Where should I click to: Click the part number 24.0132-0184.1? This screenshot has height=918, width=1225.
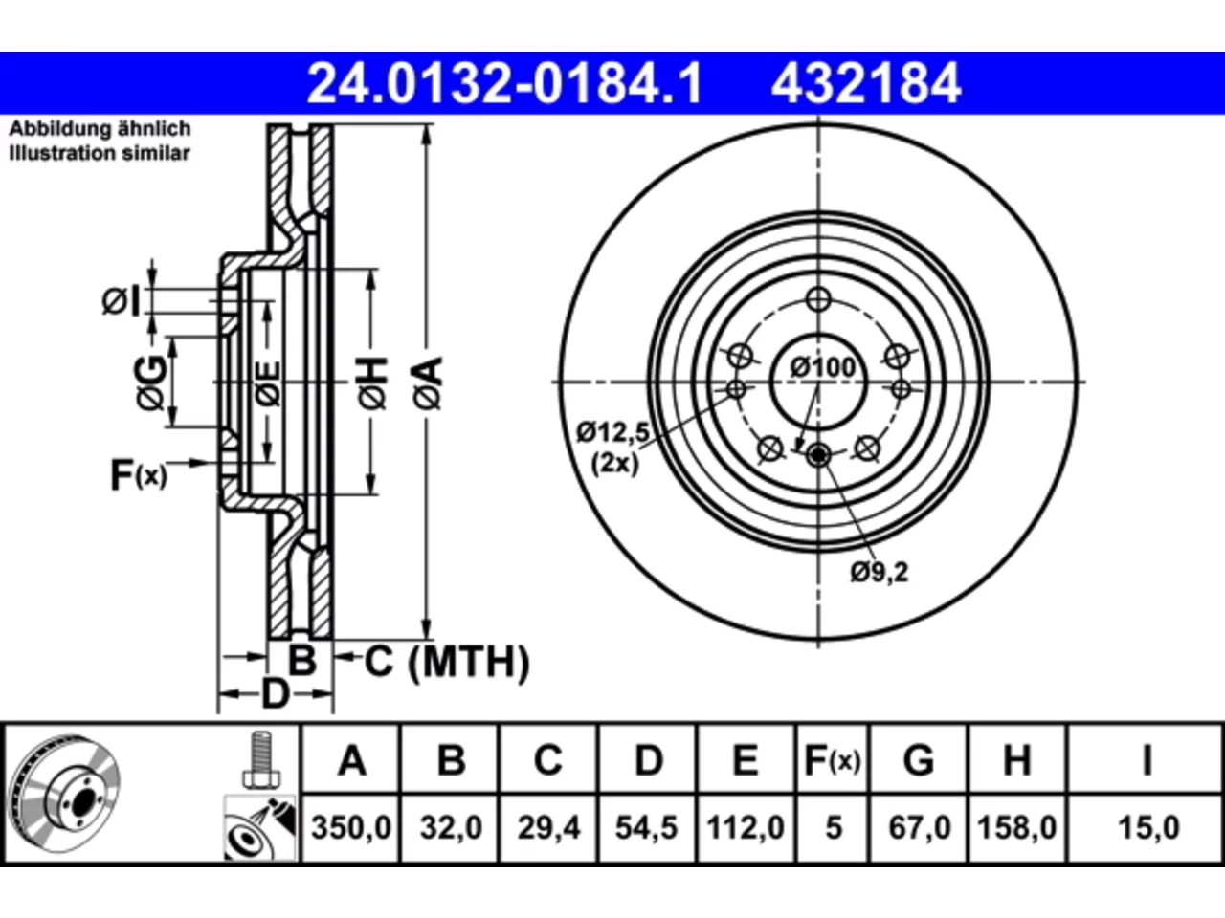(x=504, y=83)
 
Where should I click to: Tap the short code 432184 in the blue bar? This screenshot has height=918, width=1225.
(x=866, y=83)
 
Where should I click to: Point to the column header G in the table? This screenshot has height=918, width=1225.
(x=919, y=760)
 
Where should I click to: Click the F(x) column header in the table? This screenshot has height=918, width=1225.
(x=833, y=761)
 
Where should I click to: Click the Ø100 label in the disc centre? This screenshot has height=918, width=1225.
(x=823, y=367)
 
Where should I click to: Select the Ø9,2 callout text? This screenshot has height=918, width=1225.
(x=879, y=573)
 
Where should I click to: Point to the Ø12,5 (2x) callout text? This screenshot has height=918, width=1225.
(x=613, y=447)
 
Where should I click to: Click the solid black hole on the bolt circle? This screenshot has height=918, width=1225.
(x=818, y=455)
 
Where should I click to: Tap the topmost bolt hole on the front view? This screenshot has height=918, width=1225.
(x=818, y=299)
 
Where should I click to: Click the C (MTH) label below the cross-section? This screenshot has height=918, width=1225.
(x=447, y=662)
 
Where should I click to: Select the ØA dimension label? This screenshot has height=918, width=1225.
(x=429, y=383)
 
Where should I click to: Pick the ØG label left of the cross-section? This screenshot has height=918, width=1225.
(x=150, y=382)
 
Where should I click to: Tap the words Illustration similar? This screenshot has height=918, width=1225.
(x=100, y=153)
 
